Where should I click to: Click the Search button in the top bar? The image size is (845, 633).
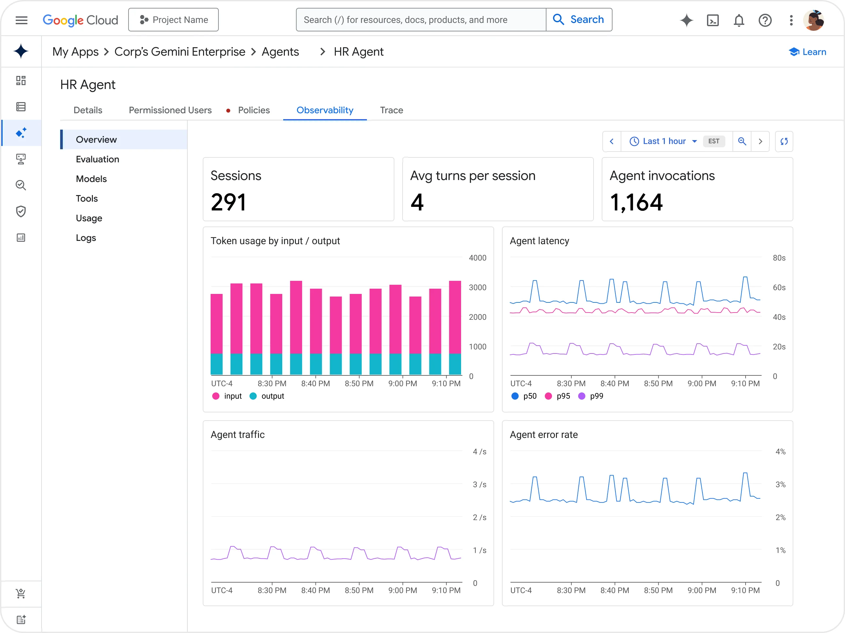(x=579, y=20)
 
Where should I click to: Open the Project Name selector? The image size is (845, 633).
(x=173, y=20)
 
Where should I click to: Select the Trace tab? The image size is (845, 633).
(x=391, y=110)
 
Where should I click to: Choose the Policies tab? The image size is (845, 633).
(x=254, y=110)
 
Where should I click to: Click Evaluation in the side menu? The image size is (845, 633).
(x=97, y=159)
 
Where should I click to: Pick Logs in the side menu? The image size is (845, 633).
(x=86, y=238)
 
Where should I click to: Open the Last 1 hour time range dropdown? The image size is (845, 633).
(x=664, y=141)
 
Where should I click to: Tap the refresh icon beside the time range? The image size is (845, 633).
(x=784, y=141)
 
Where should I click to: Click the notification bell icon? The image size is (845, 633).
(x=739, y=20)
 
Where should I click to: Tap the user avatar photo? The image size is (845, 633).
(x=814, y=20)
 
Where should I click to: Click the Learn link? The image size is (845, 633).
(x=808, y=52)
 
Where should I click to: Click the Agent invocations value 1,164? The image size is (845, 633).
(x=636, y=202)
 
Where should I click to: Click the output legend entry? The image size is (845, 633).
(x=267, y=396)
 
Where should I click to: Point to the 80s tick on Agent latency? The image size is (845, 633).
(x=779, y=258)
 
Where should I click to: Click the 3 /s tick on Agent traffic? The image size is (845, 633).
(x=479, y=484)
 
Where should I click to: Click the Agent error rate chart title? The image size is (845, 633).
(x=543, y=435)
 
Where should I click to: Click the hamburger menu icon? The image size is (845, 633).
(x=21, y=20)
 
